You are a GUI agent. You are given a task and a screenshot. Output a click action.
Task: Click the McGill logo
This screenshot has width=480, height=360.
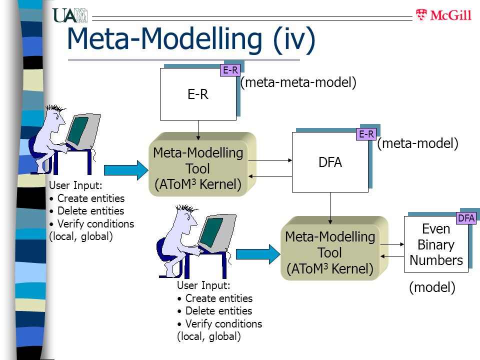tap(443, 15)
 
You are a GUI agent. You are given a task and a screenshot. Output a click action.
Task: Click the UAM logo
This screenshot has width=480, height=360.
tap(70, 15)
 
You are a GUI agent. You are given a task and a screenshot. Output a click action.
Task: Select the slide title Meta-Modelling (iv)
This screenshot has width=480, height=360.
tap(191, 39)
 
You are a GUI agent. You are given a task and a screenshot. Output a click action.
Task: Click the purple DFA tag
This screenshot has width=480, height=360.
tap(466, 218)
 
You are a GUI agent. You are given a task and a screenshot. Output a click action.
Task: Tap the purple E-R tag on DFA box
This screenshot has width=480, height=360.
tap(366, 134)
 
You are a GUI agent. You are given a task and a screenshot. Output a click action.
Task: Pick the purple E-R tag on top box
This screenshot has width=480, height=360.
tap(230, 70)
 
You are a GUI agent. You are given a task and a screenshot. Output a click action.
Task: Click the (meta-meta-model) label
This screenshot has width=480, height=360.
tap(298, 82)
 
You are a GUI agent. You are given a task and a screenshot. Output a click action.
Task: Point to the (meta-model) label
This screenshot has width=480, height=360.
tap(417, 143)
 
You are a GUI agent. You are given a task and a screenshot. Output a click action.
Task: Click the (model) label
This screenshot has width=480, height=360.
tap(432, 287)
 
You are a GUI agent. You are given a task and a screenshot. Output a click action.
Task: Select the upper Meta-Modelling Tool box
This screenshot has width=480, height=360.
tap(202, 164)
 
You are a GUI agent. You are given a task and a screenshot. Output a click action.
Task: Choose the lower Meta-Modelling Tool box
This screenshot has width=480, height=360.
tap(334, 248)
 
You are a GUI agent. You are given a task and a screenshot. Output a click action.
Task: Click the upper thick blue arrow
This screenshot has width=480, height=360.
tap(126, 170)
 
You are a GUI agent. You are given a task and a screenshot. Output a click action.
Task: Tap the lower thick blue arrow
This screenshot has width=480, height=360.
tap(258, 254)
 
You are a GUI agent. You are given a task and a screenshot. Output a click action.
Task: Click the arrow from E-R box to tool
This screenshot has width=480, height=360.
tap(198, 130)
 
